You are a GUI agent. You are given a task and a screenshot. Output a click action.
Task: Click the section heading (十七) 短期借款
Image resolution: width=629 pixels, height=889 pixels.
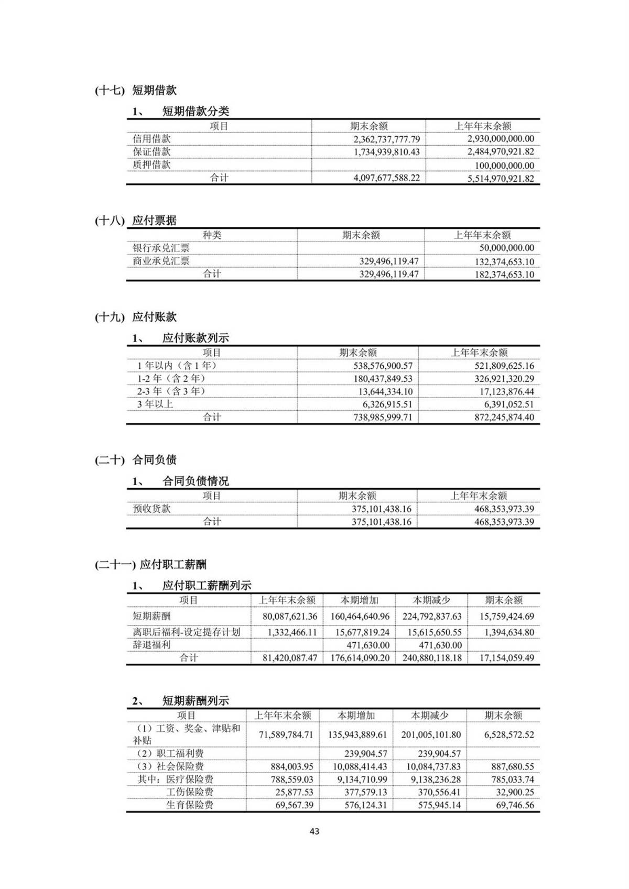pyautogui.click(x=136, y=90)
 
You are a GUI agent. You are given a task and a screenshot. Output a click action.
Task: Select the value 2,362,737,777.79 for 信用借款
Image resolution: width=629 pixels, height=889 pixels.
pyautogui.click(x=387, y=139)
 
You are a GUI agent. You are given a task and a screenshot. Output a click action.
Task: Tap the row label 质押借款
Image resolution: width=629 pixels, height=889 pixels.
pyautogui.click(x=151, y=164)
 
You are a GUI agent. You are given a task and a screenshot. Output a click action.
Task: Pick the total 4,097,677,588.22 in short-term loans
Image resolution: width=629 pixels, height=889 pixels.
pyautogui.click(x=387, y=178)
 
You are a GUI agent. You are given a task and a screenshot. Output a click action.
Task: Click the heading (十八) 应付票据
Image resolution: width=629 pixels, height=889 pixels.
pyautogui.click(x=136, y=221)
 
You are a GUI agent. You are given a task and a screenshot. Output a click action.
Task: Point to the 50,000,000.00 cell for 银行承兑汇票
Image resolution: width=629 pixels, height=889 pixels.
pyautogui.click(x=506, y=248)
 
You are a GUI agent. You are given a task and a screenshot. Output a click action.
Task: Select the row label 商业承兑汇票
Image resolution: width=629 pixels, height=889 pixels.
pyautogui.click(x=161, y=261)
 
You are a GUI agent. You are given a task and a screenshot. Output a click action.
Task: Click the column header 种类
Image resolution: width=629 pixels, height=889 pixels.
pyautogui.click(x=212, y=235)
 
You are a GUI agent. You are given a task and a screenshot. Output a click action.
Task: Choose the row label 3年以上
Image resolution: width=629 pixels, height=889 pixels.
pyautogui.click(x=155, y=404)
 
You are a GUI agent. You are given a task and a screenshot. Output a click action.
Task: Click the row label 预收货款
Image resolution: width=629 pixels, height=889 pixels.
pyautogui.click(x=151, y=509)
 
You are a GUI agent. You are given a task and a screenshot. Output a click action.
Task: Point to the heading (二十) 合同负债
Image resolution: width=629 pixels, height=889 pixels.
pyautogui.click(x=136, y=460)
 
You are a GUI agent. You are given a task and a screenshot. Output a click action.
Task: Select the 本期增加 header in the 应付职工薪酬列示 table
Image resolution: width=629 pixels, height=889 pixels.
pyautogui.click(x=359, y=600)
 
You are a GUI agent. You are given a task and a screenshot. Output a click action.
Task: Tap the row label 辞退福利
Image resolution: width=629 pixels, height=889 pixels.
pyautogui.click(x=151, y=645)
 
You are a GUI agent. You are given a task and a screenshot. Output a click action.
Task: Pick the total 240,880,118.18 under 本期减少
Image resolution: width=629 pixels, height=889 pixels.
pyautogui.click(x=432, y=658)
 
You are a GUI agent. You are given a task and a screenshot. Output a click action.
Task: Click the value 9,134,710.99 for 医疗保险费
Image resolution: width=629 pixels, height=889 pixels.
pyautogui.click(x=359, y=780)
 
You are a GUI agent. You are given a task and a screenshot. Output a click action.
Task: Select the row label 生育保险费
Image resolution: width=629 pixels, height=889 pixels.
pyautogui.click(x=190, y=805)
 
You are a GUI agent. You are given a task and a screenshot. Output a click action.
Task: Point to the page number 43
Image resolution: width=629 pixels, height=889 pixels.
pyautogui.click(x=314, y=831)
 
